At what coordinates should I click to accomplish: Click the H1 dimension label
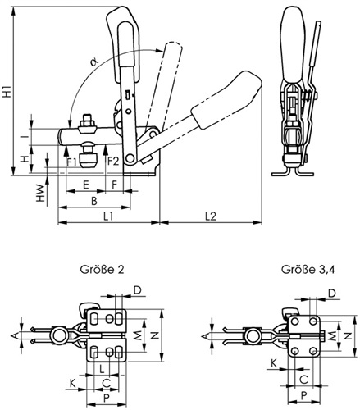[x=7, y=91]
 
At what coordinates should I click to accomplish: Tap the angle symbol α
[x=93, y=62]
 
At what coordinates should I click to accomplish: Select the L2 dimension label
[x=211, y=216]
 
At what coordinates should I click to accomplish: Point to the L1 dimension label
[x=108, y=216]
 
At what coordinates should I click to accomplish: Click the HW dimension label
[x=40, y=193]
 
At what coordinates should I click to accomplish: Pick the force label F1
[x=71, y=162]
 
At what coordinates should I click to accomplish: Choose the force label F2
[x=113, y=162]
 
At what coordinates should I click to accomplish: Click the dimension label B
[x=94, y=201]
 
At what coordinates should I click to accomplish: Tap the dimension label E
[x=86, y=185]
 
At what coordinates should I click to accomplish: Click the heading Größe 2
[x=102, y=270]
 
